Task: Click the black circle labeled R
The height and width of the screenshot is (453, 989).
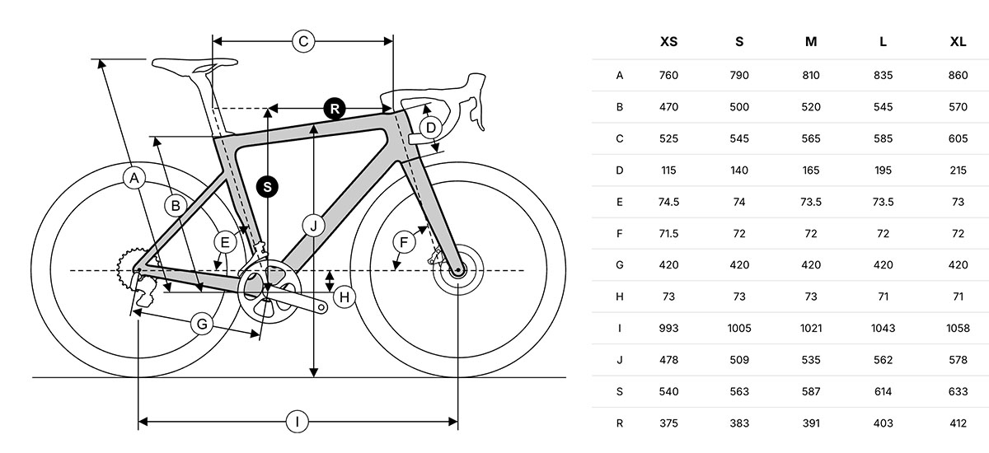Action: click(335, 109)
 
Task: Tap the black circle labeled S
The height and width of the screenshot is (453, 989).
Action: click(267, 187)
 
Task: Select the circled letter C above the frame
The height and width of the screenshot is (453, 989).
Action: click(303, 41)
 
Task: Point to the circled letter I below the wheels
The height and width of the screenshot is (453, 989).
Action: click(297, 422)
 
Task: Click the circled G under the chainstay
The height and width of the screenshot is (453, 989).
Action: click(202, 325)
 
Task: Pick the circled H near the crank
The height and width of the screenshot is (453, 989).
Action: click(345, 297)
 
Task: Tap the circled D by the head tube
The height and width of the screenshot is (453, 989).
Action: click(430, 128)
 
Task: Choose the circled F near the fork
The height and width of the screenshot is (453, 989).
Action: click(404, 242)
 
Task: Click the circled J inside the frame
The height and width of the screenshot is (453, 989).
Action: click(313, 226)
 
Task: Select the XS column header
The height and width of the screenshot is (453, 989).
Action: click(668, 42)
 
